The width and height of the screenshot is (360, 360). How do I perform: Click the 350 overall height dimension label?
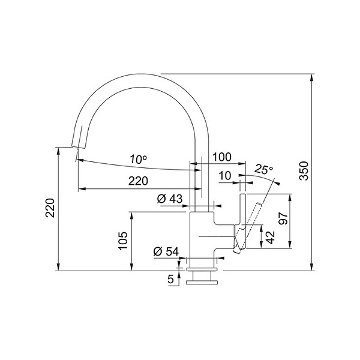click(304, 170)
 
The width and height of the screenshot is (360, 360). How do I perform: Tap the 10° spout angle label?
click(138, 159)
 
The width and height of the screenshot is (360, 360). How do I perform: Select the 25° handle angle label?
click(264, 169)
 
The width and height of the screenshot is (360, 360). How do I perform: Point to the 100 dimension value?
click(221, 157)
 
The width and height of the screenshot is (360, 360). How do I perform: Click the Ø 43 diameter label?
click(170, 199)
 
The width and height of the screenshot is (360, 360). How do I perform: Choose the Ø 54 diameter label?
click(166, 251)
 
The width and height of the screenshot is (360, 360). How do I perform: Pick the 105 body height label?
click(123, 241)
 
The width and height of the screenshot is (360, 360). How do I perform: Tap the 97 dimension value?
click(283, 218)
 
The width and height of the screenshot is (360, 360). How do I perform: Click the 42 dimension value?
click(271, 237)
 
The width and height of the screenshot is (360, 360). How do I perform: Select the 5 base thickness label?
click(170, 280)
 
